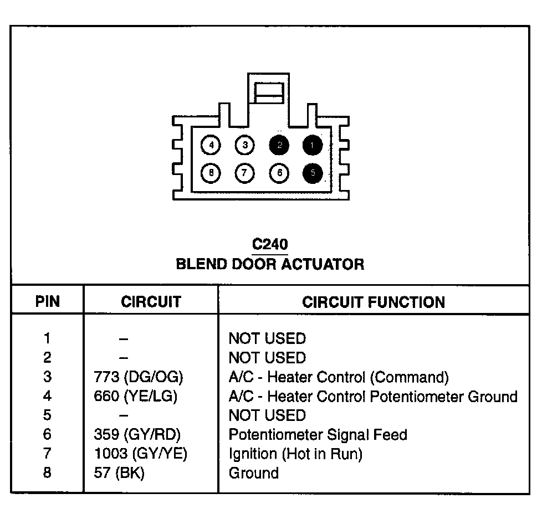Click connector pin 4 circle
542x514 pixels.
(x=211, y=146)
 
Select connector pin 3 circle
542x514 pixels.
(x=244, y=146)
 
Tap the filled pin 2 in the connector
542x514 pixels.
(x=279, y=146)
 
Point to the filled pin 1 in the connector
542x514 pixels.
(x=313, y=146)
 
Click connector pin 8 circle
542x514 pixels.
(x=211, y=173)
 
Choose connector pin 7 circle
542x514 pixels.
(x=244, y=173)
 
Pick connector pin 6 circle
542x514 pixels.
(x=279, y=173)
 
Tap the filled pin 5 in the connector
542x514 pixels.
(x=313, y=173)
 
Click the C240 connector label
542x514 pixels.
(x=270, y=244)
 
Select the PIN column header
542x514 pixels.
(x=48, y=302)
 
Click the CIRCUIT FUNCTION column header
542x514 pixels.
(x=374, y=302)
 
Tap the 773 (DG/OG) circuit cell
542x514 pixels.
(x=139, y=377)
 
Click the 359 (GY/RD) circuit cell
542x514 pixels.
(x=138, y=435)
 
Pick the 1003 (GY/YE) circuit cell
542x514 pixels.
(x=141, y=454)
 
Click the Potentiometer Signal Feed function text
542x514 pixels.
(x=318, y=435)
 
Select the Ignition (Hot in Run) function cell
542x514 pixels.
(x=295, y=454)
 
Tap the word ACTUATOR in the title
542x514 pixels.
(x=323, y=264)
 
